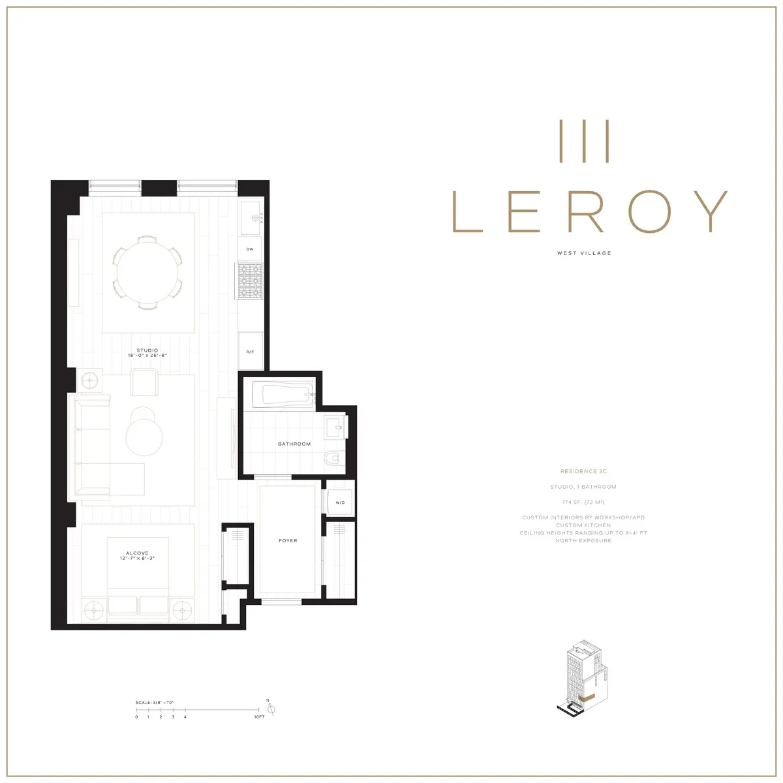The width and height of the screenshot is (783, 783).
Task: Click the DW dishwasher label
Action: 250,249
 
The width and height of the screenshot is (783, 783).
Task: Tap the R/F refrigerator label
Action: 250,352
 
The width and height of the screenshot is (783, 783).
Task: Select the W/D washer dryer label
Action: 340,502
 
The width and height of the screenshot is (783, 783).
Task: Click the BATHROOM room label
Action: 294,444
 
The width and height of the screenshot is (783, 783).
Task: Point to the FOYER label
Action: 288,540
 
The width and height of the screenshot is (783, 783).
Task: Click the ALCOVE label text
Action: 137,553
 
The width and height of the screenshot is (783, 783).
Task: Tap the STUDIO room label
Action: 147,350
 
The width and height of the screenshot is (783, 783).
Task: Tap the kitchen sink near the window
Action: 250,217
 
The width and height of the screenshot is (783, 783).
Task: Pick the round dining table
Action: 147,271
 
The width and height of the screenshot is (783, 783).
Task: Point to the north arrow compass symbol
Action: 272,709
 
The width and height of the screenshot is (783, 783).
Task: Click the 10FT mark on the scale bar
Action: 259,717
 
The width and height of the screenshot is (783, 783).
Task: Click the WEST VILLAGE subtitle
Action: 584,253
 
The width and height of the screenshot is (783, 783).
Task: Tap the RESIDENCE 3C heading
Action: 584,471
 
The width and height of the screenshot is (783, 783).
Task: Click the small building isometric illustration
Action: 583,679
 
